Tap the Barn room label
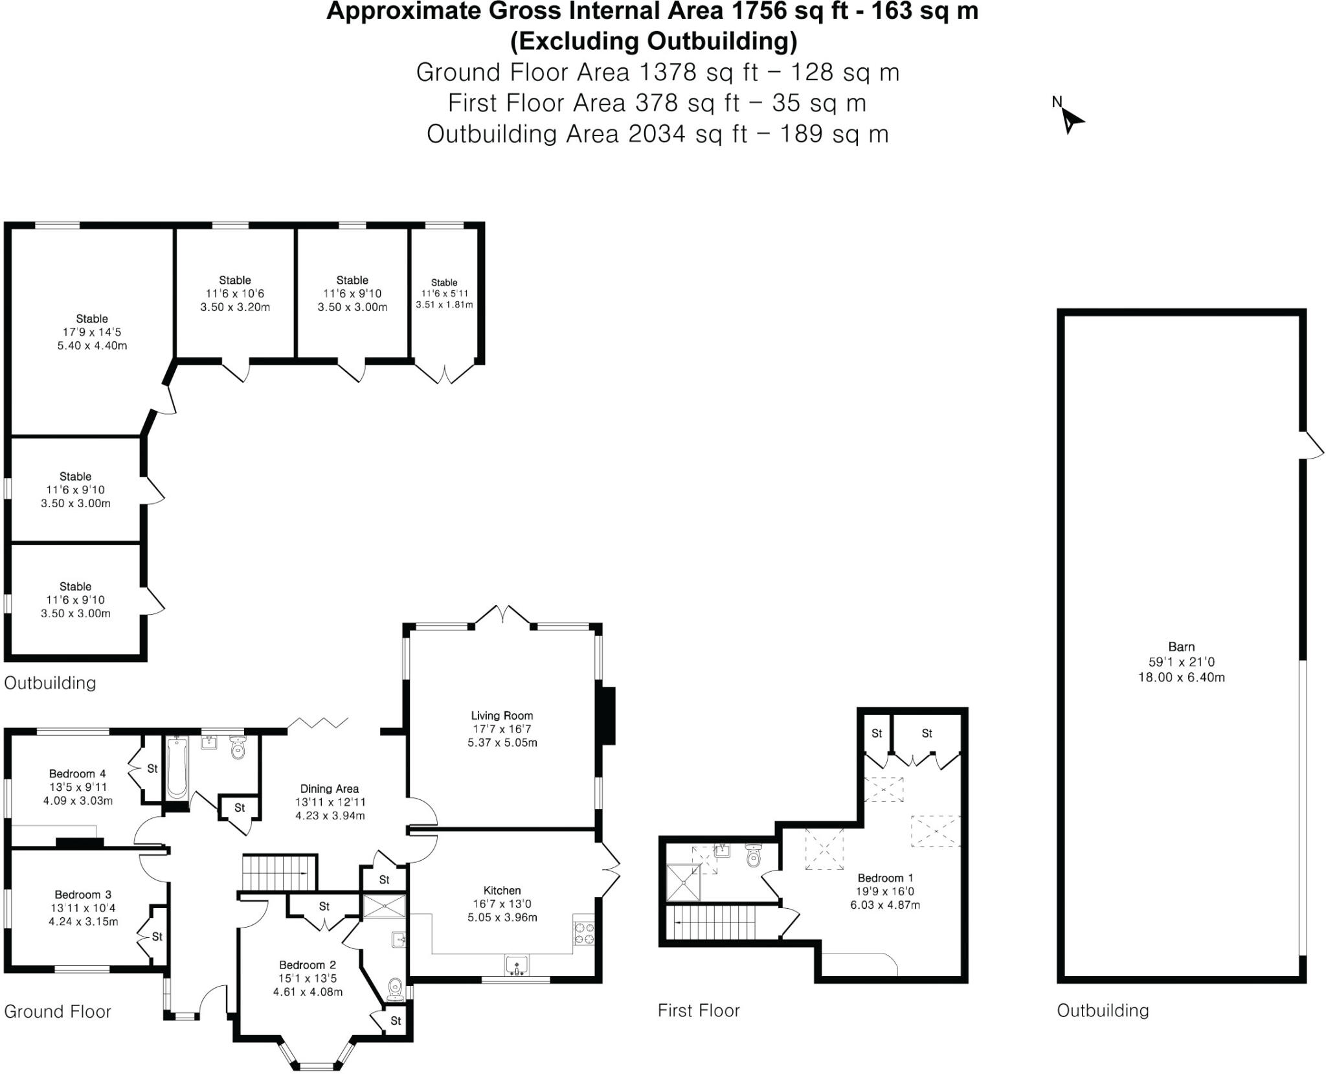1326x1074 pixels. (x=1181, y=646)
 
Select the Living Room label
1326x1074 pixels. (x=502, y=716)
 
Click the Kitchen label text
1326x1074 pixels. (x=502, y=891)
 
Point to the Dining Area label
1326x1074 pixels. (x=330, y=789)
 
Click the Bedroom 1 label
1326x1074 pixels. (x=885, y=878)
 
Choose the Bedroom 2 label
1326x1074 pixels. (x=308, y=965)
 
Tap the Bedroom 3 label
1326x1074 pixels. (x=83, y=895)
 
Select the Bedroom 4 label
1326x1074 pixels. (x=77, y=773)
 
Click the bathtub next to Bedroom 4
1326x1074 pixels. (x=176, y=768)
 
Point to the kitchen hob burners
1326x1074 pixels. (x=583, y=933)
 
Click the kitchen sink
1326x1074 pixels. (x=516, y=966)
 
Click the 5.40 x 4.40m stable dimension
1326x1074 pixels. (x=92, y=346)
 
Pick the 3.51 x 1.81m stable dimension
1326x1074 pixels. (x=444, y=304)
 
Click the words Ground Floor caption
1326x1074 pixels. (x=58, y=1012)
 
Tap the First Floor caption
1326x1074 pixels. (x=699, y=1011)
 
